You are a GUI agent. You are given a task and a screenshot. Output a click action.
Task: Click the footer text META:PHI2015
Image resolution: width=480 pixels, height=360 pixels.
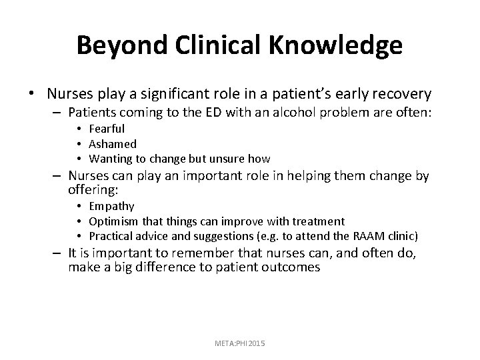click(x=239, y=342)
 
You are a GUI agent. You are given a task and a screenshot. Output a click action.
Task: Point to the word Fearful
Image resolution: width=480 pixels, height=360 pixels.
click(x=107, y=129)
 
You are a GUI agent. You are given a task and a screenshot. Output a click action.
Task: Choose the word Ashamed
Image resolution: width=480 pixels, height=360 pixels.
click(x=113, y=143)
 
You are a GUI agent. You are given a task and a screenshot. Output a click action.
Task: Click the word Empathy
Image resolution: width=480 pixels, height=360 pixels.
click(x=111, y=206)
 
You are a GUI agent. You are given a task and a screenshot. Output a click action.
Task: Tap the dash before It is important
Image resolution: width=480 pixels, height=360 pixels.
click(x=55, y=253)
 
